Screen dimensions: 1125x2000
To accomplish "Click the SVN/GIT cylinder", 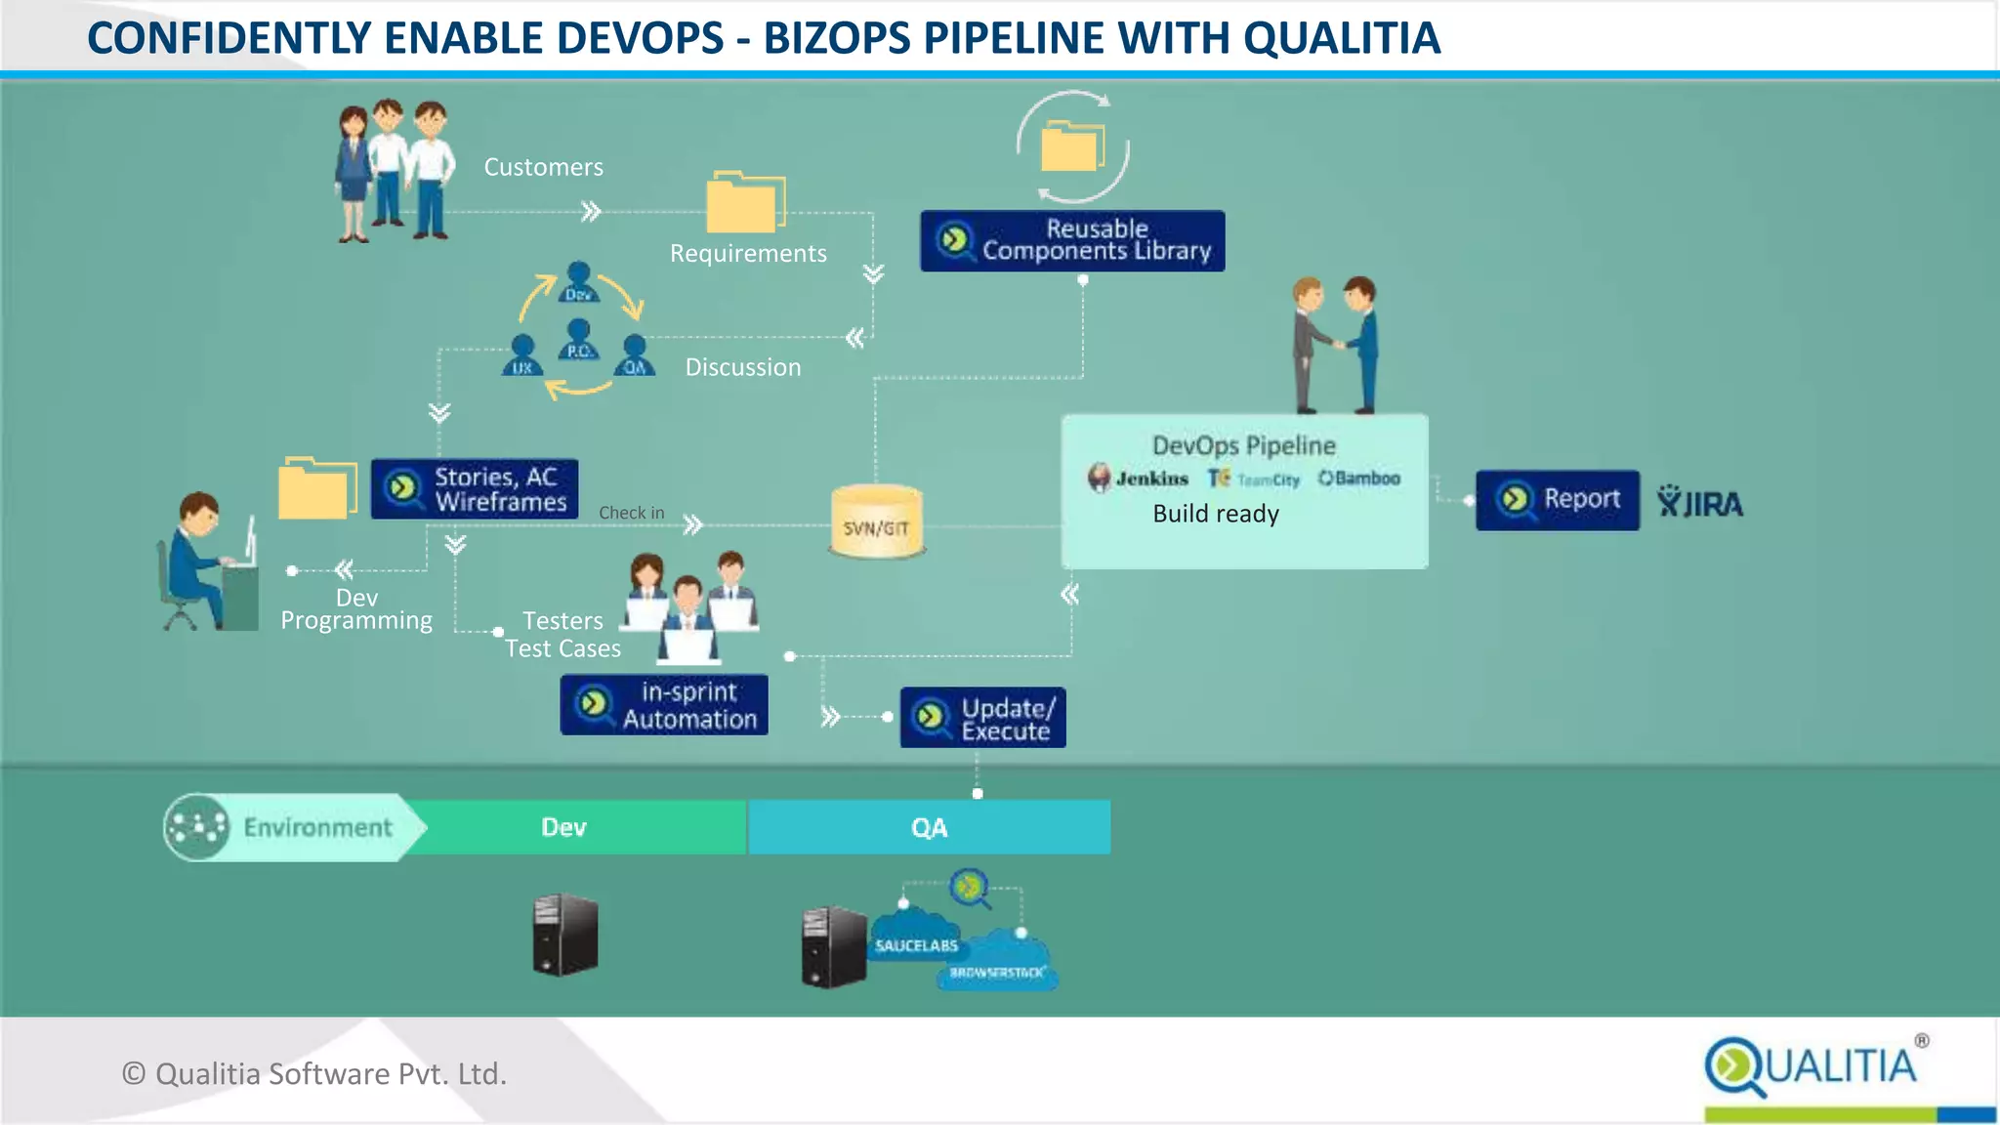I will click(x=876, y=523).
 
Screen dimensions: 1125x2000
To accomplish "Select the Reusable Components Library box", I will click(x=1072, y=240).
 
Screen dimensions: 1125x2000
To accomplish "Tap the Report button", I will click(x=1557, y=500).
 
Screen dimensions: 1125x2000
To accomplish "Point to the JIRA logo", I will click(x=1700, y=502).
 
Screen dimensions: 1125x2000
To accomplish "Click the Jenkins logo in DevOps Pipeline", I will click(x=1138, y=479).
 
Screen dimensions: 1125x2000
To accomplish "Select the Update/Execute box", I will click(x=982, y=718).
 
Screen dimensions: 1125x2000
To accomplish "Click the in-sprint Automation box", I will click(x=664, y=705).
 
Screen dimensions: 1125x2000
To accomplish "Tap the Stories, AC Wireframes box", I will click(x=475, y=489).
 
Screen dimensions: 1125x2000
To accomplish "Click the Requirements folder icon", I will click(x=745, y=202).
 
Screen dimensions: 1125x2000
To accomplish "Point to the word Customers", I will click(x=543, y=167).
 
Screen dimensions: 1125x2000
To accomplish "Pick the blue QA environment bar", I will click(x=929, y=827).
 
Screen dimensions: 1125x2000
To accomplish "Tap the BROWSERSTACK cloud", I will click(x=997, y=970).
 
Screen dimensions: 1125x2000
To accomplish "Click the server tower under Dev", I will click(x=564, y=935).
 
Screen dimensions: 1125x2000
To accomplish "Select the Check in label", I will click(x=631, y=513).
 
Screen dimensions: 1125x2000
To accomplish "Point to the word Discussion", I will click(x=742, y=367).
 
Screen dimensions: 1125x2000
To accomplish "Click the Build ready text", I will click(x=1216, y=514).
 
